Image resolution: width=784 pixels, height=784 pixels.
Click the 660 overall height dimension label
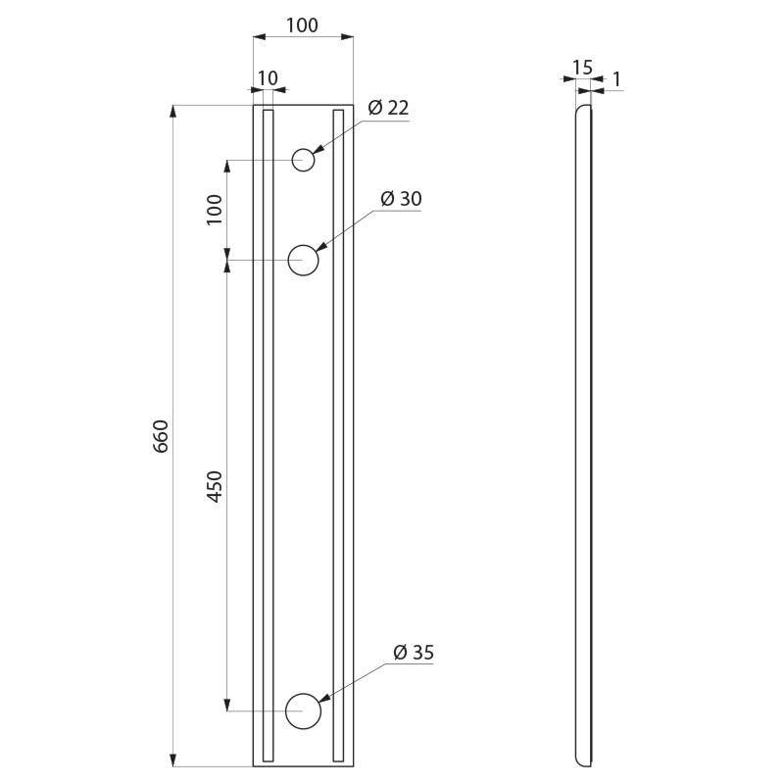tap(161, 436)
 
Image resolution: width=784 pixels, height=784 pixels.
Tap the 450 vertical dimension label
tap(215, 486)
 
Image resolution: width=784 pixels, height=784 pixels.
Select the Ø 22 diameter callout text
tap(388, 108)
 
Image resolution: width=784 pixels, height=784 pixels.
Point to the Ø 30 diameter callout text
tap(401, 199)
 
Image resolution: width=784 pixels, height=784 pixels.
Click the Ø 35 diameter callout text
tap(414, 652)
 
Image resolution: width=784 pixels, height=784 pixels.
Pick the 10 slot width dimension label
tap(268, 78)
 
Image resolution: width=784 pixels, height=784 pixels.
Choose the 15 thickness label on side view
tap(582, 67)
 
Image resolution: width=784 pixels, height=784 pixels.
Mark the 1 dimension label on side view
tap(616, 79)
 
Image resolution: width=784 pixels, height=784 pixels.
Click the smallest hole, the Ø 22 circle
tap(303, 160)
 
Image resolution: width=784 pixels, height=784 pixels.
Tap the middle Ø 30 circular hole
tap(303, 260)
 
